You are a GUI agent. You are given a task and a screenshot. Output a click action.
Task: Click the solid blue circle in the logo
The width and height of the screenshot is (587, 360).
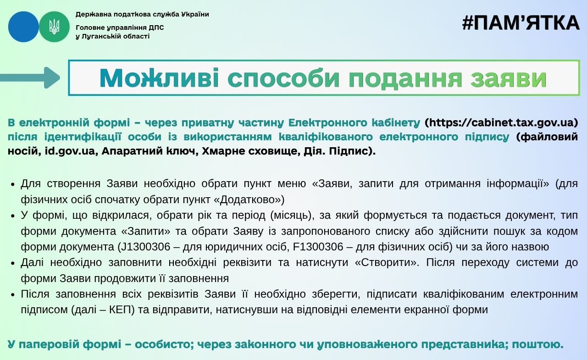23,27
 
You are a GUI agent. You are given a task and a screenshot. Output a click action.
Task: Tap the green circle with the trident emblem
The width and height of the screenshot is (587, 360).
54,27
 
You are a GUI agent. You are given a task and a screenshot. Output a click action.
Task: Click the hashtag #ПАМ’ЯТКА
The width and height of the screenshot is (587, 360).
521,23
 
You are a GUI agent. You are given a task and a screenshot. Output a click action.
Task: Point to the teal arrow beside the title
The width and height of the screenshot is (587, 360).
30,78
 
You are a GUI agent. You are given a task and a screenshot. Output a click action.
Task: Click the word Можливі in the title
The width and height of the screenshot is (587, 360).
159,78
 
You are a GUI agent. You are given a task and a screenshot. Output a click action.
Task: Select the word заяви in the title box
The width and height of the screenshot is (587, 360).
509,78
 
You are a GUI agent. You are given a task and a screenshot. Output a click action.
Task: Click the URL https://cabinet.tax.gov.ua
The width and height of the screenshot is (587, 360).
501,122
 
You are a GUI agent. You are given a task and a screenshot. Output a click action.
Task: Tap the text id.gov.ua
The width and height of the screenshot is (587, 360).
70,151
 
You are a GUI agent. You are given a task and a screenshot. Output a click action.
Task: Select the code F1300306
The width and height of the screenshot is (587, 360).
318,247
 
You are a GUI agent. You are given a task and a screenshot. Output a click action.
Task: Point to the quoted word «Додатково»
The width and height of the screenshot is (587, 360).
249,199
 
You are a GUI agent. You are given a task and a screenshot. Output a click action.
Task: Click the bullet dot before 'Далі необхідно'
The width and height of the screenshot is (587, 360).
12,263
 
